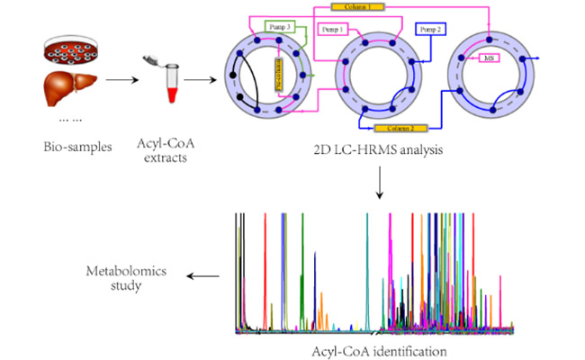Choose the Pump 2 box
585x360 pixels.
click(x=430, y=30)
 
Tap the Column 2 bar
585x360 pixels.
click(x=397, y=130)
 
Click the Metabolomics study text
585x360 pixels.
click(x=126, y=278)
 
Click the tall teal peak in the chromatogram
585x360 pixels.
click(x=368, y=270)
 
